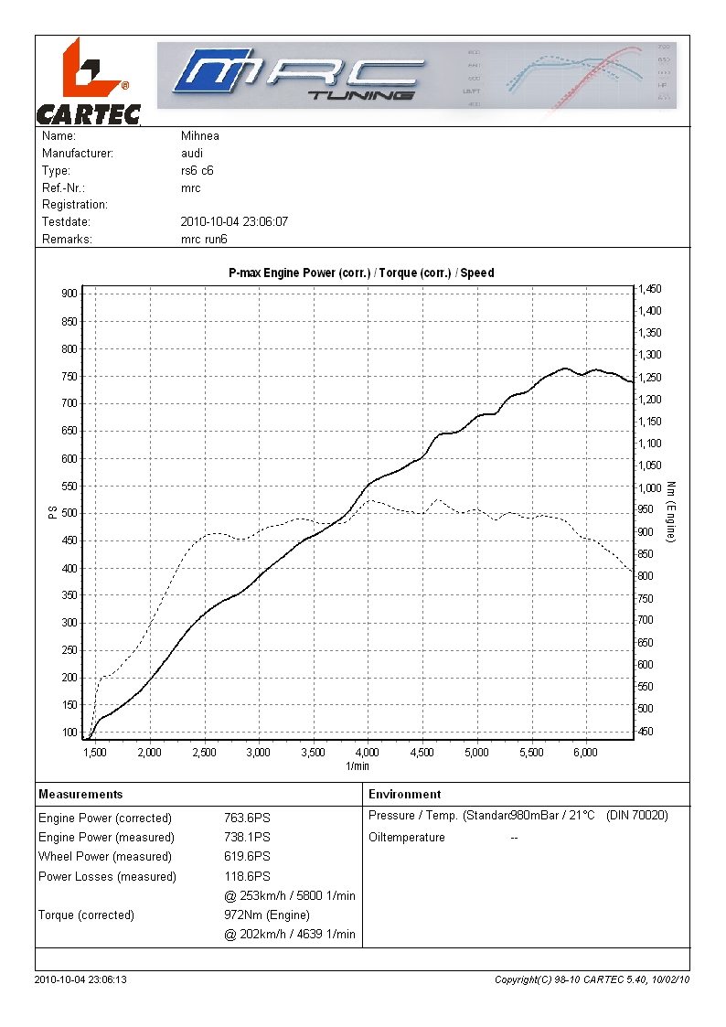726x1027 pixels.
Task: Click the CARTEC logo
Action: (88, 81)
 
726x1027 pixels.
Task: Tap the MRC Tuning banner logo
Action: (416, 76)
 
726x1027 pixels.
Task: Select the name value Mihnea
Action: (200, 136)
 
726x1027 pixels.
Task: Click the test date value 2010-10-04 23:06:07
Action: (235, 222)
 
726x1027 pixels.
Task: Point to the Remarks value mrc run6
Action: (205, 240)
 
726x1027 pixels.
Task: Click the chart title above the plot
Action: (361, 273)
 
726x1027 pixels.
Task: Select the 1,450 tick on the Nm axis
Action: (651, 289)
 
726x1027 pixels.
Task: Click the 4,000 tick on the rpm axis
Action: (368, 753)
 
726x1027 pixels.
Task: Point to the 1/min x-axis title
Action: (358, 766)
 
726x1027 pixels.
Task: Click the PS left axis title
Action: (51, 514)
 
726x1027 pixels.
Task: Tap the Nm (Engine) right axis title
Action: (671, 512)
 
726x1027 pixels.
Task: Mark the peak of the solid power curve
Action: (565, 369)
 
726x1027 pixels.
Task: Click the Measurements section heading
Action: (80, 795)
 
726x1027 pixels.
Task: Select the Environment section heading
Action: (405, 795)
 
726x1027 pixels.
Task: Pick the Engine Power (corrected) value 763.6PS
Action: (247, 818)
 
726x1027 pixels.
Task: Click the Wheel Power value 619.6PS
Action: (247, 857)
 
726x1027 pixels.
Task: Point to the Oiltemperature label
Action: (407, 838)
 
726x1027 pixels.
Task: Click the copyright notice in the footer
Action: (592, 980)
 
